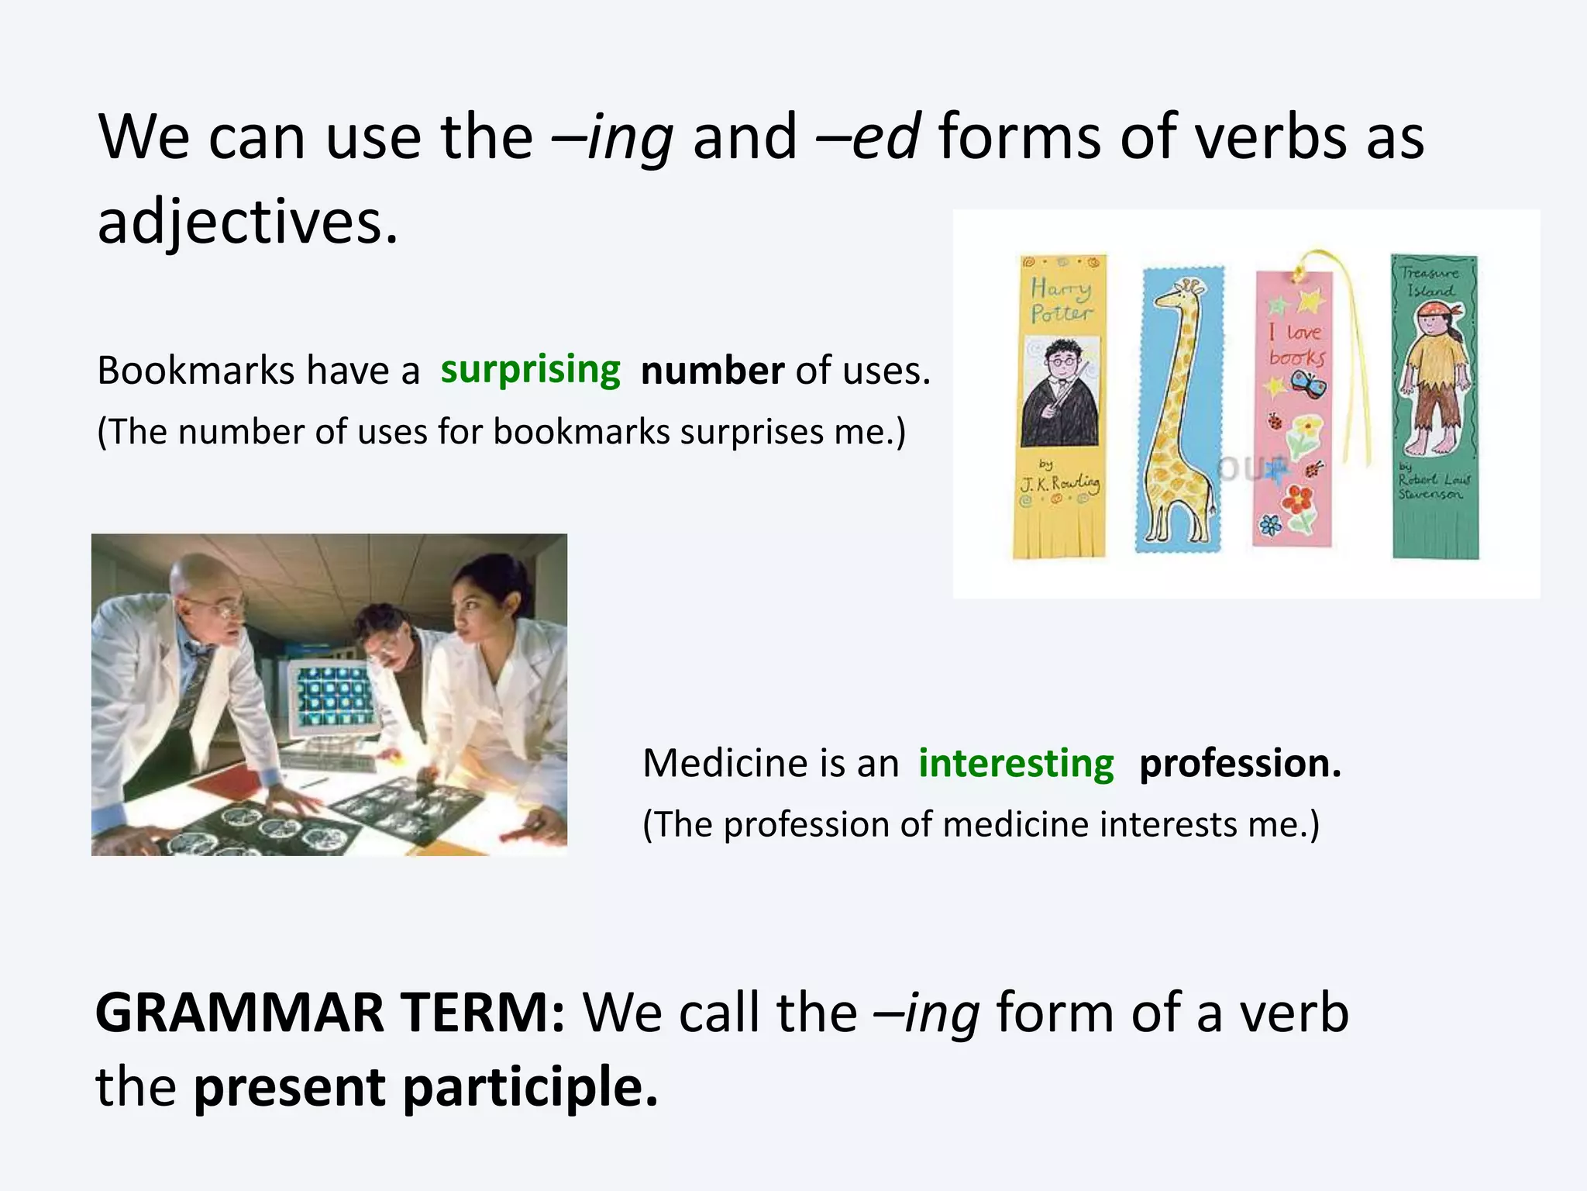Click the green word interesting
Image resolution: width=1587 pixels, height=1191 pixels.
coord(1016,764)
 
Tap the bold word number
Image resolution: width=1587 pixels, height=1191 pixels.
coord(712,371)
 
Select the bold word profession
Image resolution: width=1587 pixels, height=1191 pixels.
coord(1240,764)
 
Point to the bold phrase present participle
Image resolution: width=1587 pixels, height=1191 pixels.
coord(425,1086)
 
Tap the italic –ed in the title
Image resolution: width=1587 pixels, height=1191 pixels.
coord(869,137)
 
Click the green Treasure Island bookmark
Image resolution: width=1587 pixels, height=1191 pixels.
coord(1434,406)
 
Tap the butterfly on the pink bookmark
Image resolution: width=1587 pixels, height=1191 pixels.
coord(1308,384)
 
